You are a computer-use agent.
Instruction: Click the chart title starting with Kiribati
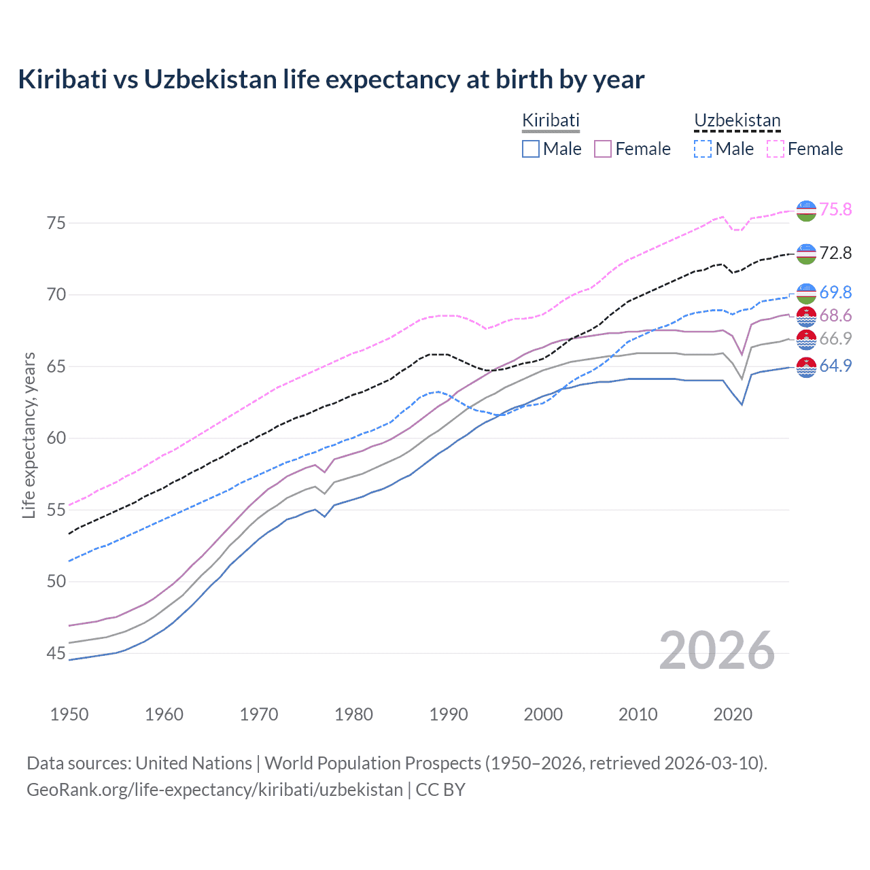click(331, 80)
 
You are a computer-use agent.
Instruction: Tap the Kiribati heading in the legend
click(551, 120)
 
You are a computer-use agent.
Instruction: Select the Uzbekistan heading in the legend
click(737, 120)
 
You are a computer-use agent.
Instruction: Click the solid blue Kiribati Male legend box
click(531, 149)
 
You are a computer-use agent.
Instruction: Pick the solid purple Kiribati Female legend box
click(603, 149)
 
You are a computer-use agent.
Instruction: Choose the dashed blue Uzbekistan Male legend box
click(703, 149)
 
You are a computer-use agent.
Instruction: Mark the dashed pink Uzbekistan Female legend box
click(776, 149)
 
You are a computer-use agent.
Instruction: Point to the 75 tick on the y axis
click(56, 223)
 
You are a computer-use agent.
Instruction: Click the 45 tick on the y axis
click(56, 653)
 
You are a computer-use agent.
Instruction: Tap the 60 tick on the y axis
click(56, 438)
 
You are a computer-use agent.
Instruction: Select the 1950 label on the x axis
click(69, 714)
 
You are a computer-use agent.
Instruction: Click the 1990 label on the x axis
click(449, 714)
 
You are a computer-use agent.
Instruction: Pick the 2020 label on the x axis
click(733, 714)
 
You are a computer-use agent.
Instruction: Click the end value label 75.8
click(835, 209)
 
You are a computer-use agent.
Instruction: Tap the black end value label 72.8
click(835, 253)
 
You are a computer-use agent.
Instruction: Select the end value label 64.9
click(835, 366)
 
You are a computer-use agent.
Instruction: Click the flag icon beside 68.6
click(806, 316)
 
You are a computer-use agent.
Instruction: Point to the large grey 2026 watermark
click(716, 650)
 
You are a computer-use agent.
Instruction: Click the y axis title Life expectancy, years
click(29, 435)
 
